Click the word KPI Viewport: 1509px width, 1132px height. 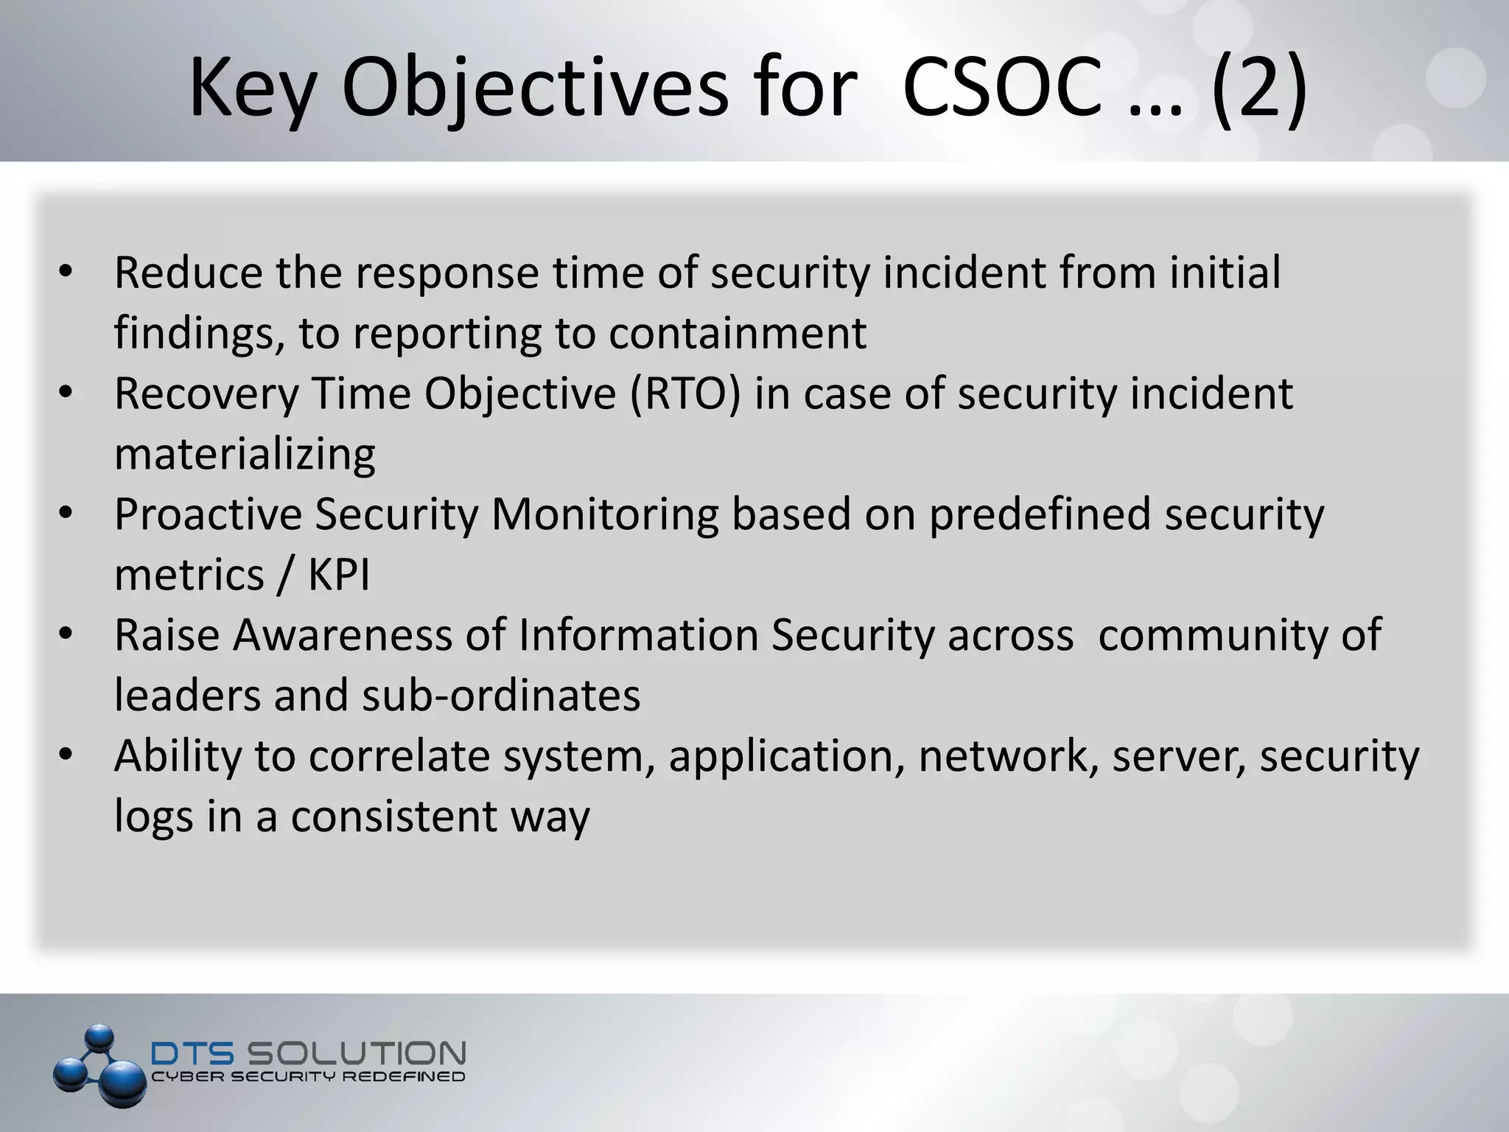pos(339,575)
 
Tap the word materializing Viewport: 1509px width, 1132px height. pos(245,454)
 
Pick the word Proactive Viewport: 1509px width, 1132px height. pos(209,514)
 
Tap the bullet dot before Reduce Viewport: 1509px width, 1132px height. pos(66,273)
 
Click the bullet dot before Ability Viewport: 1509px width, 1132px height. pos(66,756)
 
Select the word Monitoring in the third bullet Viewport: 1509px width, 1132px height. pos(605,514)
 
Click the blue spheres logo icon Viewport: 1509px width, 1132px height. pos(100,1066)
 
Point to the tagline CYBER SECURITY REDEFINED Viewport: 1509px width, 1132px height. pos(308,1077)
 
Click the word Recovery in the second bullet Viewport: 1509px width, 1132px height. pos(206,394)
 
